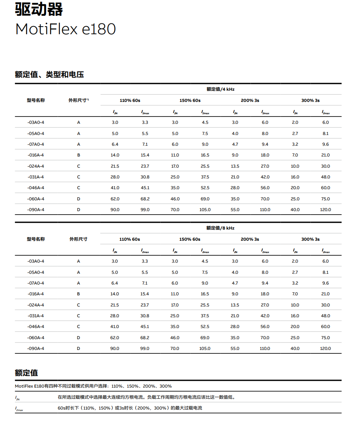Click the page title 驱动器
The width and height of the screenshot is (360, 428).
[x=39, y=9]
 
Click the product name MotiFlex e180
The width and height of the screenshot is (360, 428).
[x=65, y=29]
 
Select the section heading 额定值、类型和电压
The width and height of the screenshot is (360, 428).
[x=49, y=75]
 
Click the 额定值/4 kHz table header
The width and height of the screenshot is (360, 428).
[x=221, y=89]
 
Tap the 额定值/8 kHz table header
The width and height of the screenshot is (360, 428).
[x=221, y=228]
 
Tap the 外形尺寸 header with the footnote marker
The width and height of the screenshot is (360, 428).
[x=79, y=100]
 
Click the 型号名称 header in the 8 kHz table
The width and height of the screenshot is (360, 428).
[x=36, y=239]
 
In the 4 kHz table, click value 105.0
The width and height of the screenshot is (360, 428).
[x=205, y=210]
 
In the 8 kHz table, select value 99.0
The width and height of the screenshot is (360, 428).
[x=145, y=349]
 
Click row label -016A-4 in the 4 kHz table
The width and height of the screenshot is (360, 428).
[x=36, y=155]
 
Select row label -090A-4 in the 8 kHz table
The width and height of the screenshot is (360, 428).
[x=36, y=349]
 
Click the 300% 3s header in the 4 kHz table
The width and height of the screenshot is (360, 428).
[x=310, y=100]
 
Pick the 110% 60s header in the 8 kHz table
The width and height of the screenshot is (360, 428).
[x=130, y=239]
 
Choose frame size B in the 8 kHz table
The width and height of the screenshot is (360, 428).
[x=78, y=294]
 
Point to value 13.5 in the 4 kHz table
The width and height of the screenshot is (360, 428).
[x=235, y=167]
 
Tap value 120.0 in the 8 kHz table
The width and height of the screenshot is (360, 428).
[x=325, y=349]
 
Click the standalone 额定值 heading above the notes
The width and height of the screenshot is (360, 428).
[x=27, y=373]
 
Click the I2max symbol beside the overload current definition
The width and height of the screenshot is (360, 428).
[x=19, y=408]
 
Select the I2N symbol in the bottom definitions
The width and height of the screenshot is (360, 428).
[x=18, y=398]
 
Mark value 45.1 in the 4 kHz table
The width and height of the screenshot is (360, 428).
[x=145, y=188]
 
